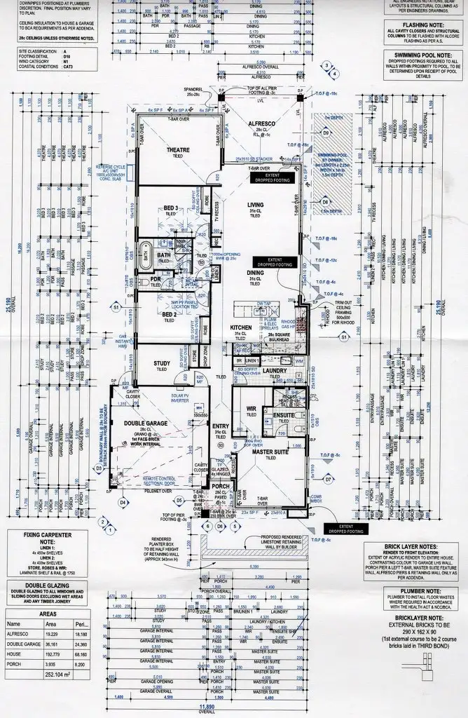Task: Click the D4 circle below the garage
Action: [122, 502]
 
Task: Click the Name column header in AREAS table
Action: [14, 623]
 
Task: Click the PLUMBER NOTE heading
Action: [419, 591]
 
